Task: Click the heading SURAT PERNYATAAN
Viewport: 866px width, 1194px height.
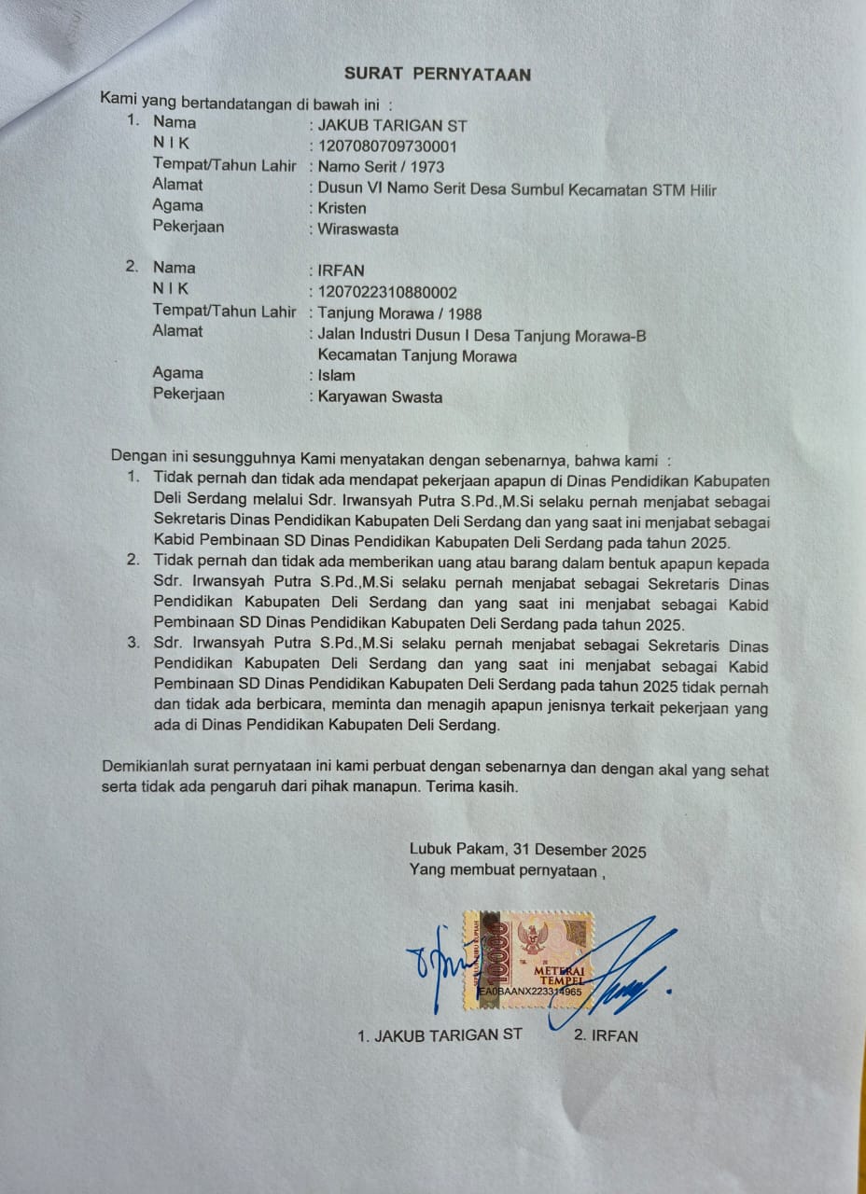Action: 438,75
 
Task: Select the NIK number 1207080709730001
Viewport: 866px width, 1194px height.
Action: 387,146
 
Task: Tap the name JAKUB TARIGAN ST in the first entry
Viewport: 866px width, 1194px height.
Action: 392,125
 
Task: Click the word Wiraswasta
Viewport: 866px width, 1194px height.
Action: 357,229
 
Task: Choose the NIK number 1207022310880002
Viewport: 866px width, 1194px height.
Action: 387,292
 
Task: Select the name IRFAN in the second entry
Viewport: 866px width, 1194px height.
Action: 342,271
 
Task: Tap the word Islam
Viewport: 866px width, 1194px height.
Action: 336,376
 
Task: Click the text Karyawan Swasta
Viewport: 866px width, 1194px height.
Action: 380,397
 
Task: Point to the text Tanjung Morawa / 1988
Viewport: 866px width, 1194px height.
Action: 399,313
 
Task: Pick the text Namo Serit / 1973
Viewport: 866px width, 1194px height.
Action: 381,168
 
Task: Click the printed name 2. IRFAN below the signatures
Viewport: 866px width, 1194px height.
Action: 607,1035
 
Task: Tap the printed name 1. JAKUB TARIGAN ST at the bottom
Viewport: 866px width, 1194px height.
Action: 440,1035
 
